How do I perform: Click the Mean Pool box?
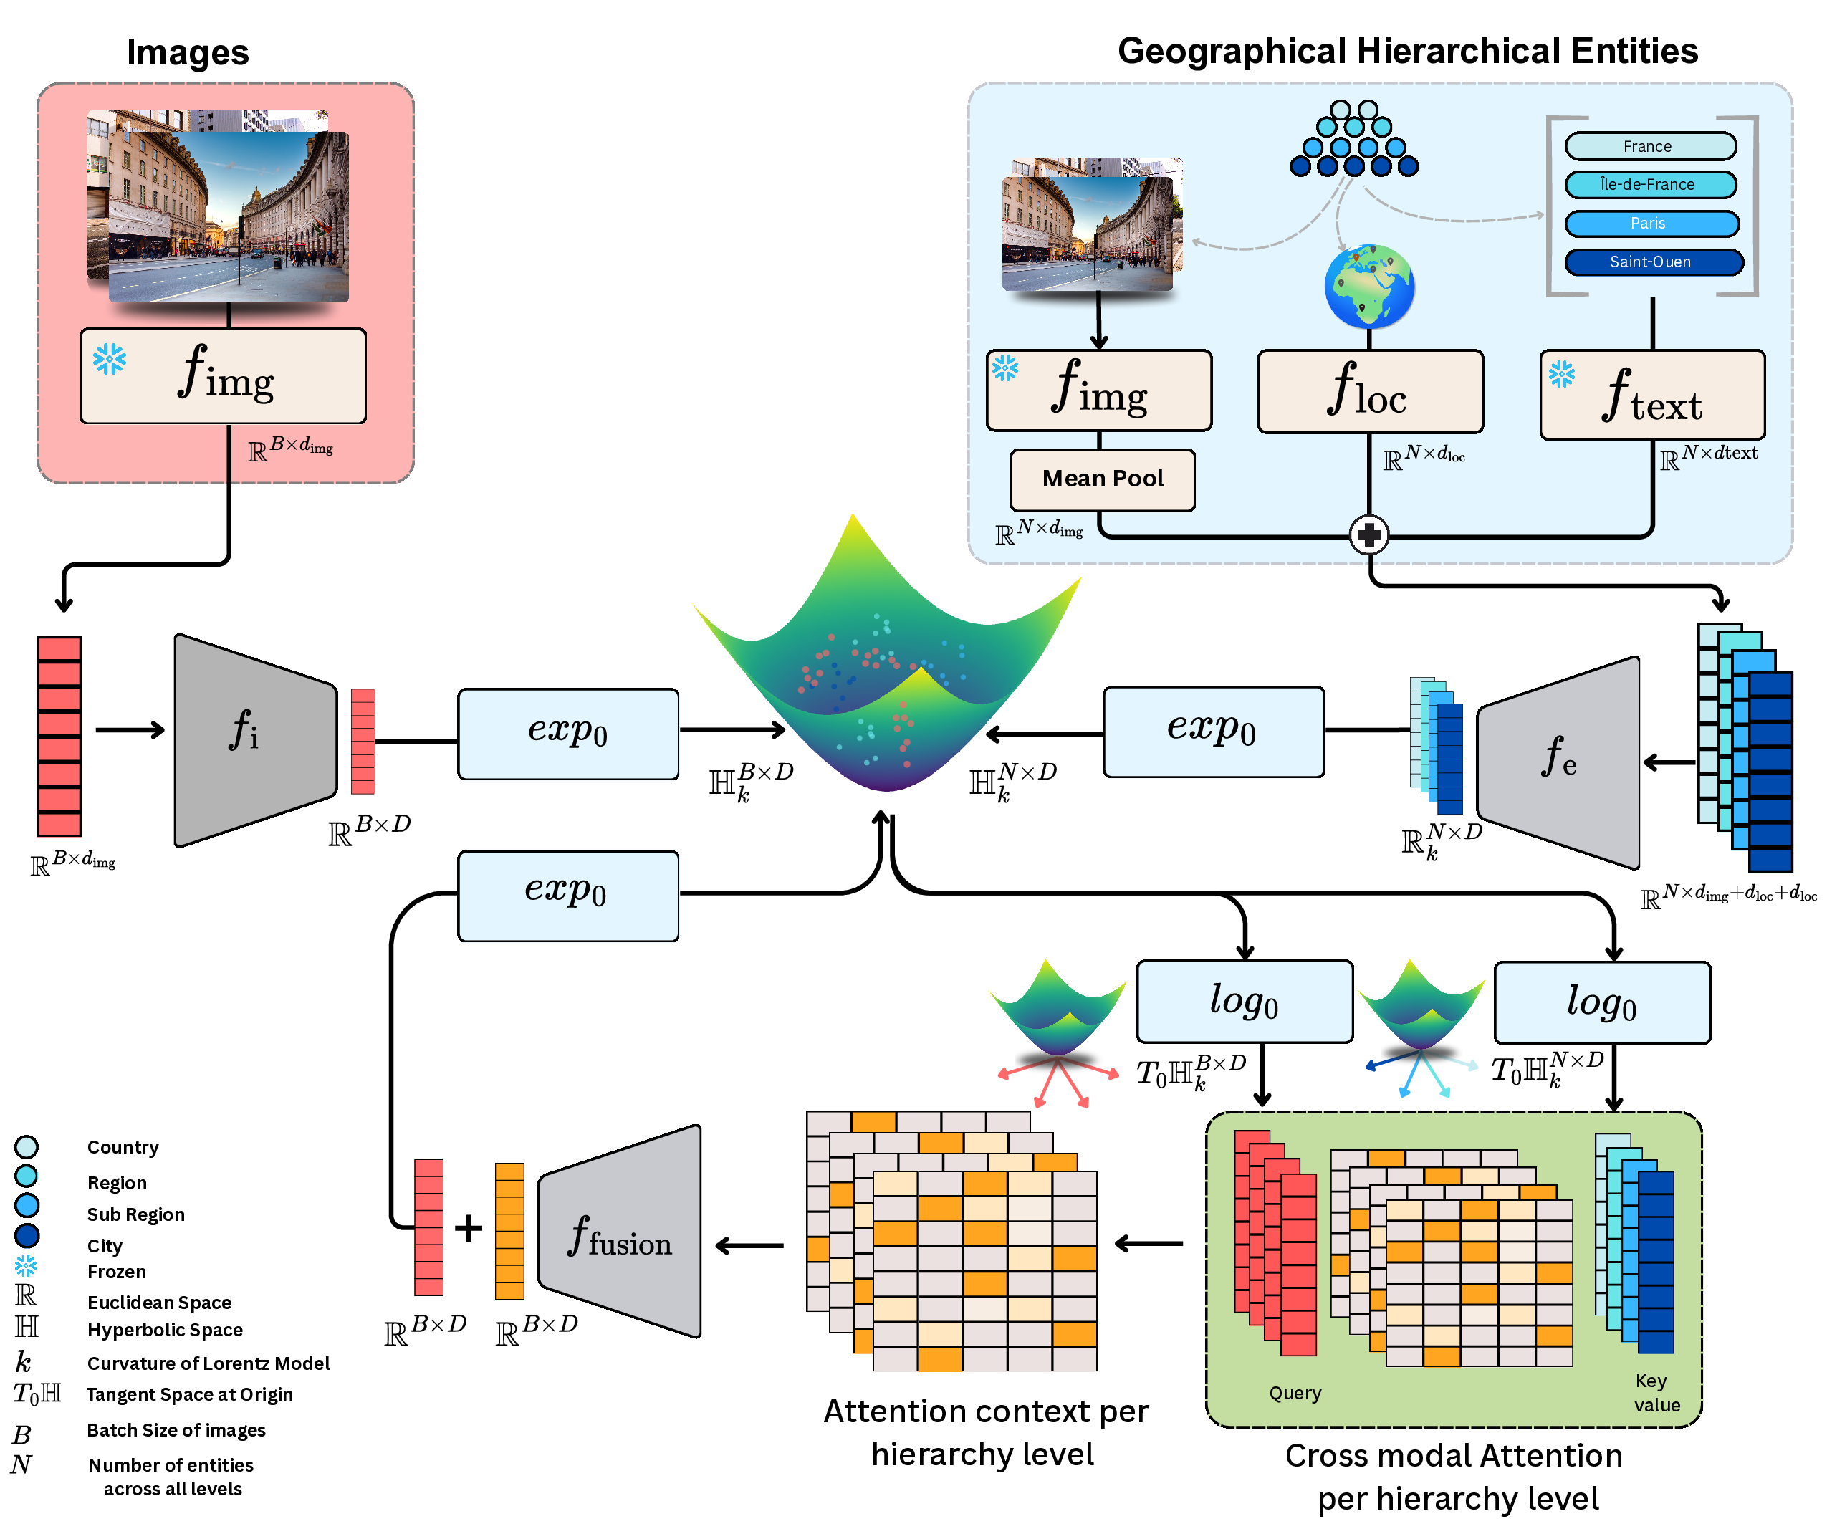coord(1102,480)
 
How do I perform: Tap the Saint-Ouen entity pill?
coord(1652,262)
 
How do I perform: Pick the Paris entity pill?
coord(1651,224)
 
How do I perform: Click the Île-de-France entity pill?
coord(1649,185)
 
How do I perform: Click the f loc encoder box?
coord(1369,392)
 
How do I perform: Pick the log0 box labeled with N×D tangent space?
coord(1601,1002)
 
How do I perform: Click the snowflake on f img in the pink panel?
coord(110,358)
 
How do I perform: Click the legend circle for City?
coord(27,1235)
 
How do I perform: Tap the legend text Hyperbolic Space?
coord(165,1330)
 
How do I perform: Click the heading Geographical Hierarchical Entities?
coord(1406,52)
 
